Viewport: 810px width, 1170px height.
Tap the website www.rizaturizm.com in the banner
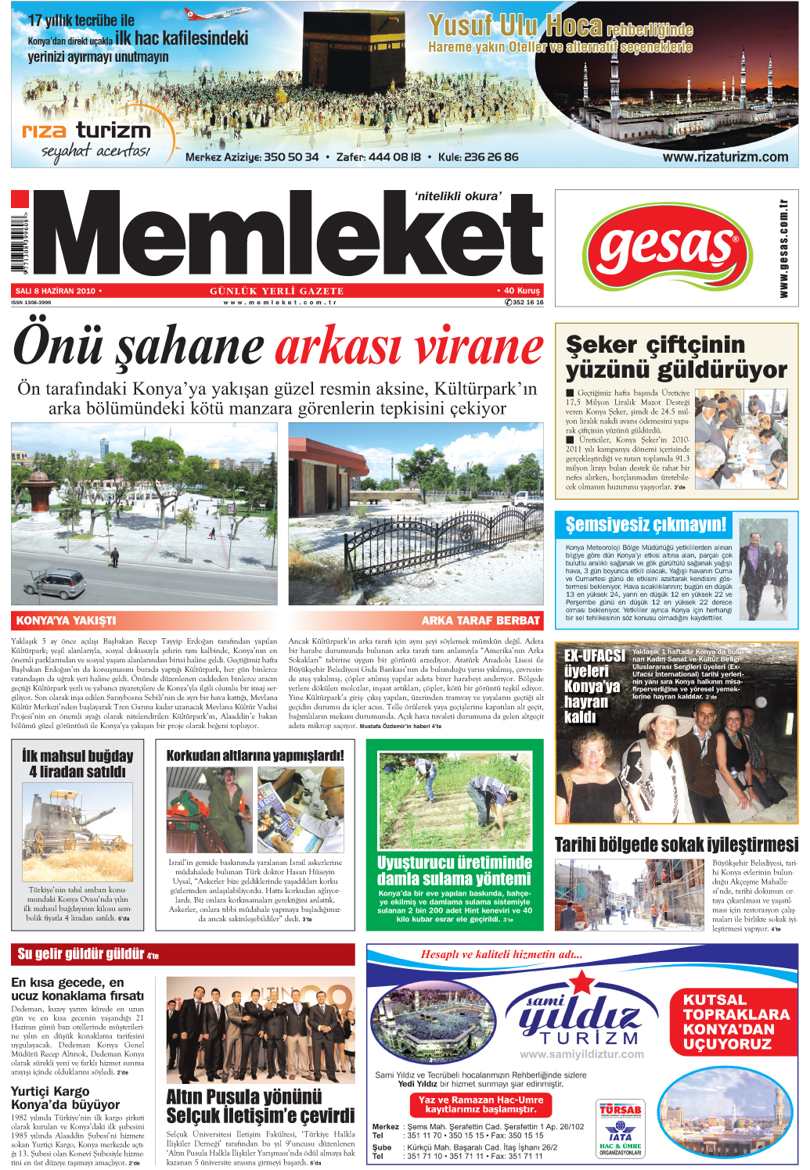click(725, 156)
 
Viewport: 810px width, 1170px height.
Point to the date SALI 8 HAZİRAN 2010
click(55, 291)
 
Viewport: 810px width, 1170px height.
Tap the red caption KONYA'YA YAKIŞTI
click(67, 620)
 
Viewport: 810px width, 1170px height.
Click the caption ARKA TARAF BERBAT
click(480, 620)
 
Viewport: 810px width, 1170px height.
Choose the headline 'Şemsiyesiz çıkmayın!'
click(646, 524)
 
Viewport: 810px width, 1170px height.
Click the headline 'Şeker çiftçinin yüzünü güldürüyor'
click(676, 357)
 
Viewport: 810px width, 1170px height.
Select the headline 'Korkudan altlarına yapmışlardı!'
click(255, 755)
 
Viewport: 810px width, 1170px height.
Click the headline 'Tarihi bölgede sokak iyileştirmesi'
click(676, 845)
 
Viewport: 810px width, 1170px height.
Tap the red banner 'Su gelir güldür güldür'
click(88, 953)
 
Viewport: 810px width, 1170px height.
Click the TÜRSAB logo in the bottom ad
click(620, 1110)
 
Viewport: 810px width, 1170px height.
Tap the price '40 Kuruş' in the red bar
click(519, 291)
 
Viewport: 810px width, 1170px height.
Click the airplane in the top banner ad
click(211, 13)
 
